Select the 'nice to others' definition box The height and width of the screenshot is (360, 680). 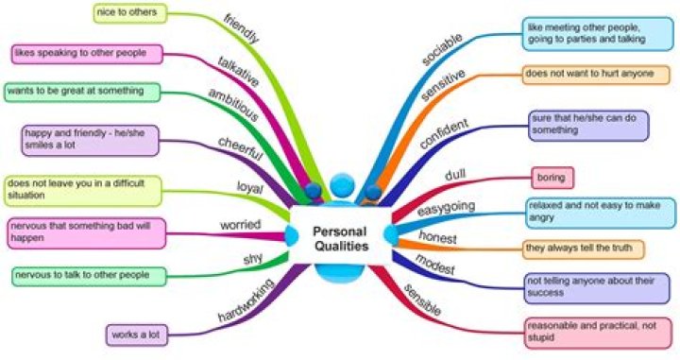click(x=131, y=12)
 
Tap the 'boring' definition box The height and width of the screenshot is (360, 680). click(x=552, y=176)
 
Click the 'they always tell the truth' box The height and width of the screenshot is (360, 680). click(x=585, y=249)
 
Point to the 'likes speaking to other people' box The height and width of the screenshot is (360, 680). click(x=86, y=53)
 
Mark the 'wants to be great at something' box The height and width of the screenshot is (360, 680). click(x=80, y=92)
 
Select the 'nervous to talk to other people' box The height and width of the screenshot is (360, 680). click(x=87, y=276)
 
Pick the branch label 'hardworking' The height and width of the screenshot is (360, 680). click(x=246, y=299)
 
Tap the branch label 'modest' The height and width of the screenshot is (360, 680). click(x=435, y=267)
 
